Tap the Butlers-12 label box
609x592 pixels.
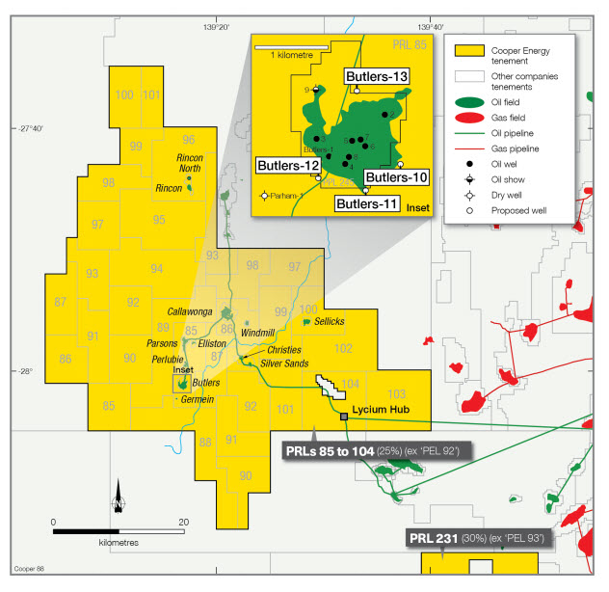[287, 167]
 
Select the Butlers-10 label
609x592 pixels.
[396, 176]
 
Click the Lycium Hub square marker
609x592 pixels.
[344, 417]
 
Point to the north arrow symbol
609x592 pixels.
[119, 496]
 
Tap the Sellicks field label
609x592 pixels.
[329, 321]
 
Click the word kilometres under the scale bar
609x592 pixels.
[119, 543]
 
